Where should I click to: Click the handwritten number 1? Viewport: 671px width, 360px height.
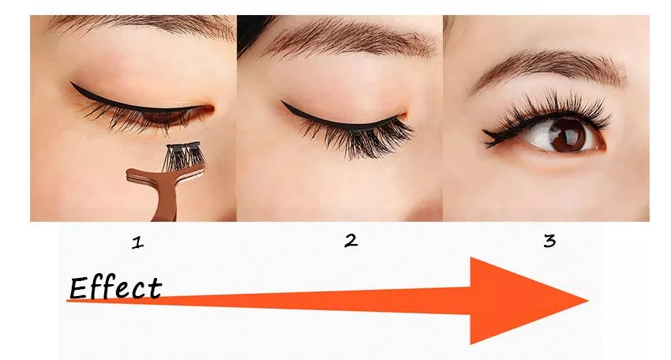(x=137, y=242)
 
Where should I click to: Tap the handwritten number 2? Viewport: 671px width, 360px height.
(x=351, y=241)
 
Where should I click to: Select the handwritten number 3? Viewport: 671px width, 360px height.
(x=550, y=241)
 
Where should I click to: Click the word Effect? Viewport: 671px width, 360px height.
(x=116, y=287)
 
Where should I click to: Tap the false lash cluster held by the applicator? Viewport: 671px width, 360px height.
(x=184, y=156)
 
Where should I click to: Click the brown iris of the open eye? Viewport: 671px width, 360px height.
(x=568, y=135)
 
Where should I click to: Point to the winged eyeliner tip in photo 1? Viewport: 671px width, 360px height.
(x=72, y=83)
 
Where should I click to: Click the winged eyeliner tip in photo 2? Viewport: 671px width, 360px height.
(x=282, y=102)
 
